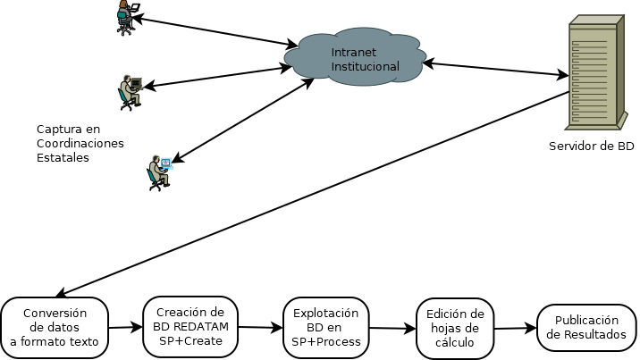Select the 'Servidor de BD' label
click(x=592, y=146)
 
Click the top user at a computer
click(x=126, y=18)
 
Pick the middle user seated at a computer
click(x=129, y=91)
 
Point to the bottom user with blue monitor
click(x=158, y=173)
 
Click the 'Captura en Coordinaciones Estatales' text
click(x=80, y=143)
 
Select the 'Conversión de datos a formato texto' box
click(x=55, y=327)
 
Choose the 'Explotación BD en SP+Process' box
click(x=326, y=327)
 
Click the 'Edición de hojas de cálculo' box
click(x=455, y=327)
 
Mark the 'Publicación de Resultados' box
click(x=586, y=327)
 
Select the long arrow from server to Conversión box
click(x=313, y=192)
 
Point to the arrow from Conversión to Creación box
click(x=125, y=328)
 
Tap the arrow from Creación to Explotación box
click(x=262, y=328)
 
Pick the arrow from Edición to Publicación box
click(x=516, y=328)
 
